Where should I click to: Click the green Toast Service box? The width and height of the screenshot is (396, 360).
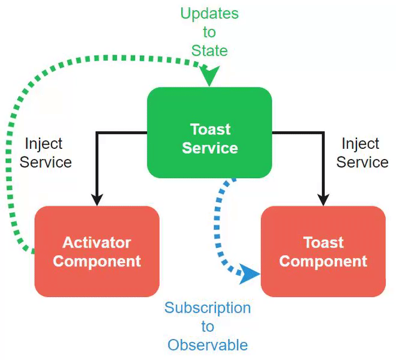point(209,133)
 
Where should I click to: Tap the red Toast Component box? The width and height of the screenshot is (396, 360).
point(323,251)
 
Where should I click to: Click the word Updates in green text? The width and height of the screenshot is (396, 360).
point(209,13)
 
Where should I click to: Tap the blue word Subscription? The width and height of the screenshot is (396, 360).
point(208,308)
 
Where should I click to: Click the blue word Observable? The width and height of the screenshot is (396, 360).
point(208,345)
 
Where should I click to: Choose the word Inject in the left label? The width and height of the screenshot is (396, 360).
point(44,144)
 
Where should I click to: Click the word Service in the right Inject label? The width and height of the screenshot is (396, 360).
point(362,162)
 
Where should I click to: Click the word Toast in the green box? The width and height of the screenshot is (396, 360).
point(210,129)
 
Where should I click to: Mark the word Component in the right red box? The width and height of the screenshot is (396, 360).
point(323,262)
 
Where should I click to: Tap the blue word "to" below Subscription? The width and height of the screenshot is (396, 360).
point(208,327)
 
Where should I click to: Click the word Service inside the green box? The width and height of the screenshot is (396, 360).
point(210,148)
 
